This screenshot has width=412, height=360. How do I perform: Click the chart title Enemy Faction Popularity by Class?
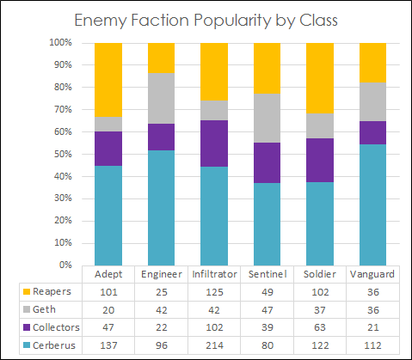(206, 20)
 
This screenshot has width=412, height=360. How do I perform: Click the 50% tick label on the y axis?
(61, 154)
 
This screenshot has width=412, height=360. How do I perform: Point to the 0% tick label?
(64, 265)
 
